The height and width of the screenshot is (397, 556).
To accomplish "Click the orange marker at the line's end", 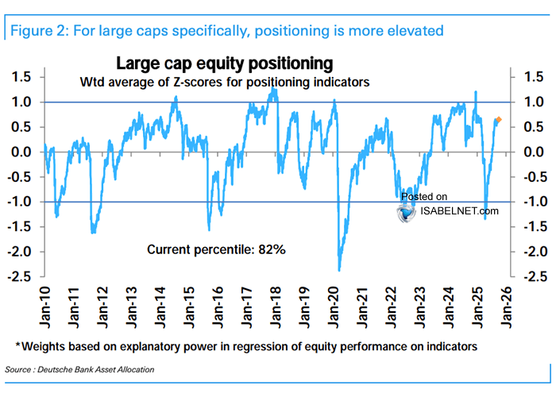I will tap(498, 119).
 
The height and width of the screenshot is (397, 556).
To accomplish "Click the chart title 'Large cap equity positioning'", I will tap(225, 63).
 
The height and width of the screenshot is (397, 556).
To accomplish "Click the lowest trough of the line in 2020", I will tap(339, 271).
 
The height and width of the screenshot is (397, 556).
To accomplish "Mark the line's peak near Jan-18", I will tap(273, 89).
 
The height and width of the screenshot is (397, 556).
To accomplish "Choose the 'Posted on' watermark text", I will tap(424, 196).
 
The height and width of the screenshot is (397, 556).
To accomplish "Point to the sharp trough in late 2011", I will tap(93, 233).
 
